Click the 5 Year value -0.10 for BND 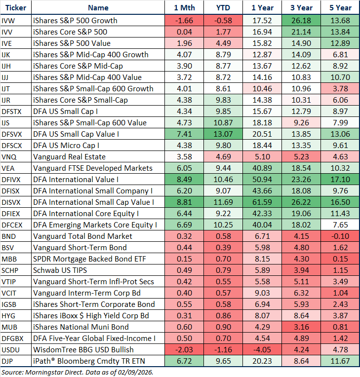coord(340,236)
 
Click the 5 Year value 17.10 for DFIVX coord(340,179)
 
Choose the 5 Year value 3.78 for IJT coord(340,88)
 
